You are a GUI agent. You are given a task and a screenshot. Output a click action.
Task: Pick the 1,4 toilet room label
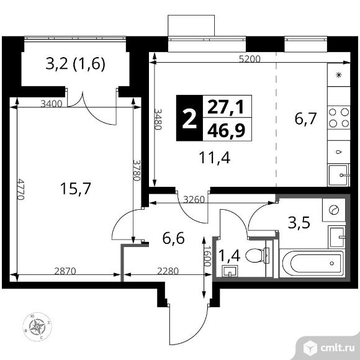[x=230, y=254]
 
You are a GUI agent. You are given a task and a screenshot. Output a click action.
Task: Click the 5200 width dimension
[x=248, y=60]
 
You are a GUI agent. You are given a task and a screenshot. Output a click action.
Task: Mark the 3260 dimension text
[x=196, y=200]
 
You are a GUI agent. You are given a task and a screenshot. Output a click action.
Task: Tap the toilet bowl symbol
[x=257, y=254]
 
